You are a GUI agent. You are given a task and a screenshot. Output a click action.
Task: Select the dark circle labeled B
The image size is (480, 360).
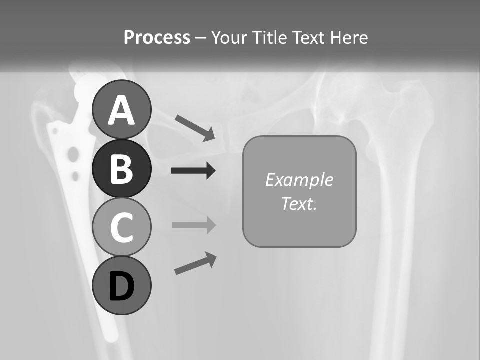[x=121, y=169]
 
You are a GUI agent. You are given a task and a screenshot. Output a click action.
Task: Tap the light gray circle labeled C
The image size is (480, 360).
[x=121, y=227]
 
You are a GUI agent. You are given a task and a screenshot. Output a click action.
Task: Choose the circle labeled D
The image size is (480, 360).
[x=121, y=285]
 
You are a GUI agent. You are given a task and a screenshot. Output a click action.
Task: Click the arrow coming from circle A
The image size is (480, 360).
[x=195, y=128]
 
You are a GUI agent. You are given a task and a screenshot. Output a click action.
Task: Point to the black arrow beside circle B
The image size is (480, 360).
[x=193, y=171]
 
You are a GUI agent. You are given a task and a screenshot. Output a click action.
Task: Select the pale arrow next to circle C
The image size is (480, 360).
[x=193, y=225]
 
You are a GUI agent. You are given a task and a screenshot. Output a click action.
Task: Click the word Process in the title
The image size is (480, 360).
[x=157, y=38]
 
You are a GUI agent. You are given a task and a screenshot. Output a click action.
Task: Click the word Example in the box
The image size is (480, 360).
[x=299, y=180]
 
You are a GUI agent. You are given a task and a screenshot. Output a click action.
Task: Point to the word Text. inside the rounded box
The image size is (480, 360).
[x=299, y=203]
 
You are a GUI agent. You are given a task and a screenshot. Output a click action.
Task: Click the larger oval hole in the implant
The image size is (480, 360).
[x=73, y=155]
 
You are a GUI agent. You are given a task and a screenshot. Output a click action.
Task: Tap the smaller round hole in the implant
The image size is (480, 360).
[x=75, y=176]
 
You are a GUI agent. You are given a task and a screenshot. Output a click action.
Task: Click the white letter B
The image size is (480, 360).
[x=121, y=169]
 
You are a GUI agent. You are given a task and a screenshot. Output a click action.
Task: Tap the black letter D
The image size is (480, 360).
[x=121, y=286]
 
